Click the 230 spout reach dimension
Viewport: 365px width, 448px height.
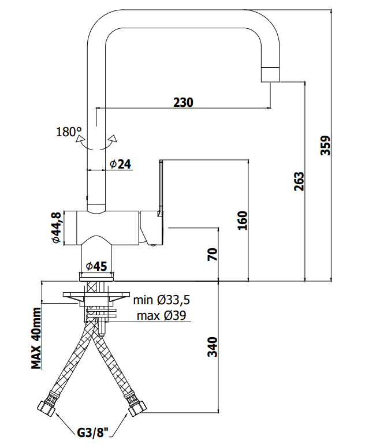click(x=183, y=102)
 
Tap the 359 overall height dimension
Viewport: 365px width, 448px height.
click(x=325, y=145)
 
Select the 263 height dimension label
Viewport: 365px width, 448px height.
click(x=299, y=181)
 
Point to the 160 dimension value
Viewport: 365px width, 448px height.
click(x=243, y=221)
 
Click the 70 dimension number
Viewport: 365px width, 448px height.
click(x=213, y=254)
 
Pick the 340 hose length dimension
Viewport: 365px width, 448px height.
click(x=213, y=347)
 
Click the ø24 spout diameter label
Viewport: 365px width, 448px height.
click(x=120, y=164)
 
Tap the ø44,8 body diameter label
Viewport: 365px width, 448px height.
click(x=56, y=227)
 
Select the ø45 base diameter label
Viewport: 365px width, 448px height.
click(x=96, y=266)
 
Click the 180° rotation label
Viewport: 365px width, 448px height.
click(x=69, y=132)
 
